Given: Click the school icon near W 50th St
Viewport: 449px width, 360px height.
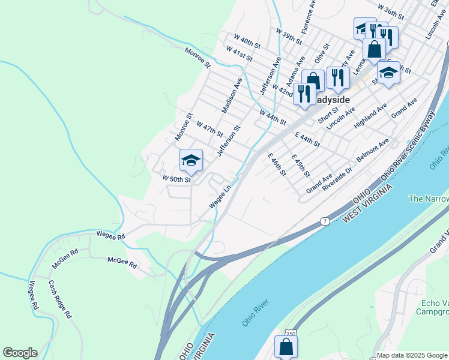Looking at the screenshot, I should (191, 160).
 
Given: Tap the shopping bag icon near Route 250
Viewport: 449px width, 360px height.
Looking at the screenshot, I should (286, 347).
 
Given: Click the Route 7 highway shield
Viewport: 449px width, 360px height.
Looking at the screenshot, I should (324, 221).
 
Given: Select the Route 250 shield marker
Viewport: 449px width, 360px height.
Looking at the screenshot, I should (290, 332).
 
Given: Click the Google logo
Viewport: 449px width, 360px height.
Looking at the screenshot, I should (20, 353).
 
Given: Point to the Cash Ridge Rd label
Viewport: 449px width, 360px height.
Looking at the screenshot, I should (60, 299).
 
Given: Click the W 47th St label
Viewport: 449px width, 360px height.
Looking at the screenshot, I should (209, 128).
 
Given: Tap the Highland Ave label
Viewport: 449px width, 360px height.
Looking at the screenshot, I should (370, 119).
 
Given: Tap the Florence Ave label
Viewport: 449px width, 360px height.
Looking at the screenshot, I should (309, 17).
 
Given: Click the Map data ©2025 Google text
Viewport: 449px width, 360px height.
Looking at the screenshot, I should (412, 355).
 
